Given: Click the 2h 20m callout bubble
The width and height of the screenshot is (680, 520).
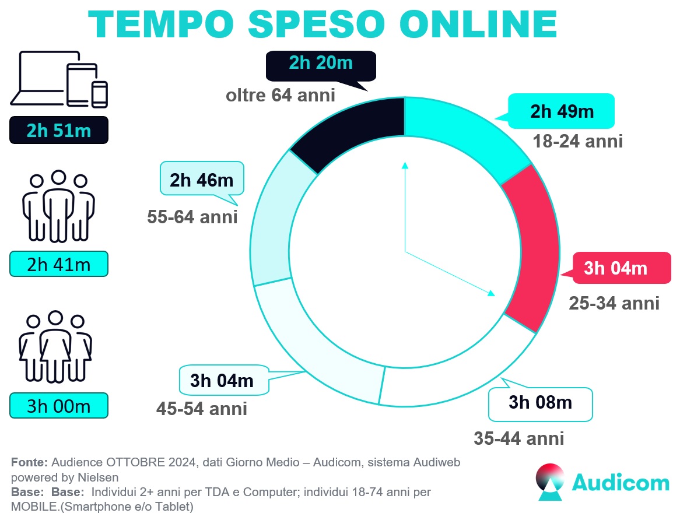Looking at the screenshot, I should pyautogui.click(x=321, y=65).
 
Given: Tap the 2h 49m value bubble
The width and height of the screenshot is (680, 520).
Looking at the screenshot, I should pyautogui.click(x=562, y=111).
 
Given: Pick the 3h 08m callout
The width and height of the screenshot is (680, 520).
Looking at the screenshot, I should pyautogui.click(x=540, y=403).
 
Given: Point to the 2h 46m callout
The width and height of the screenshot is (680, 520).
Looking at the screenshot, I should pyautogui.click(x=202, y=180).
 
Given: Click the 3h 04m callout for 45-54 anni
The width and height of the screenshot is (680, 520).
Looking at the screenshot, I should pyautogui.click(x=222, y=381).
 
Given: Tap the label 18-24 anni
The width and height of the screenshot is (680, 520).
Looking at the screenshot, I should pyautogui.click(x=577, y=141).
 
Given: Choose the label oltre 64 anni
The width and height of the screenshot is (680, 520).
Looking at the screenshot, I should pyautogui.click(x=281, y=95).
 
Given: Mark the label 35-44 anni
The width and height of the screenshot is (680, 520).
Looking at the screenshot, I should pyautogui.click(x=519, y=438).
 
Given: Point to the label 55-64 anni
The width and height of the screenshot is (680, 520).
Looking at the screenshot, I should pyautogui.click(x=192, y=217).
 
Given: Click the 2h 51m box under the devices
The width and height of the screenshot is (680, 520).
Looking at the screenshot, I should pyautogui.click(x=59, y=130).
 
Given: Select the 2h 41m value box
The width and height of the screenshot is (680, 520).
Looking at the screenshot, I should pyautogui.click(x=59, y=265).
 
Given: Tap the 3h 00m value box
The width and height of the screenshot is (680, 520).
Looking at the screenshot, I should pyautogui.click(x=59, y=405).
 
